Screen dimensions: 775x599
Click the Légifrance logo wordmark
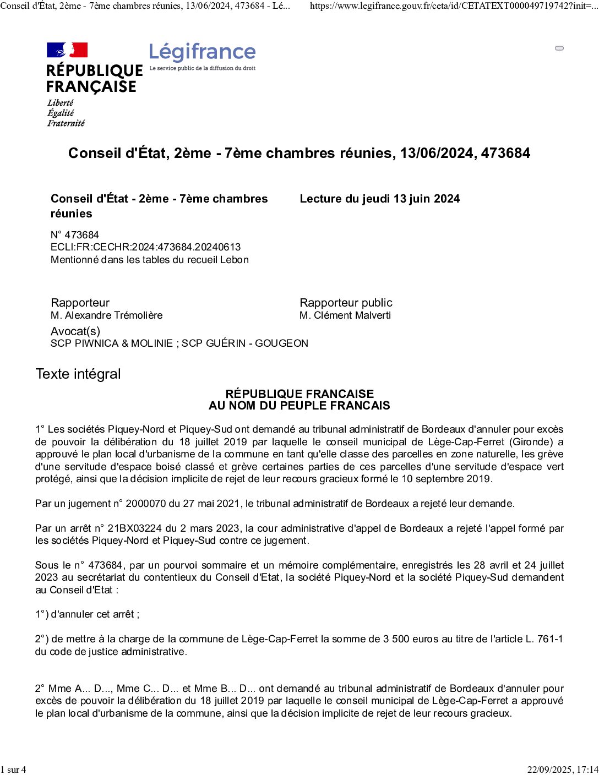(x=202, y=52)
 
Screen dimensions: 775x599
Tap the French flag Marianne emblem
(x=67, y=50)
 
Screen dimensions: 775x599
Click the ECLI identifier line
(x=145, y=247)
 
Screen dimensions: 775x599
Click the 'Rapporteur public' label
(x=346, y=303)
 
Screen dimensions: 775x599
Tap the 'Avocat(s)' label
(x=75, y=331)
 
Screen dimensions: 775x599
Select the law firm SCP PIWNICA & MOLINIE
(x=112, y=343)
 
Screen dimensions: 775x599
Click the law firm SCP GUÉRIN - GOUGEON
(x=245, y=343)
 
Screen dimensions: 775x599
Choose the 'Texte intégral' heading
(x=78, y=374)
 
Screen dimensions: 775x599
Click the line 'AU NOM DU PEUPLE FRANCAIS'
(x=299, y=406)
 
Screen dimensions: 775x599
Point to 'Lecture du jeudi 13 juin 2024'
(x=379, y=199)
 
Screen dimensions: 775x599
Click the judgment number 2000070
(x=146, y=504)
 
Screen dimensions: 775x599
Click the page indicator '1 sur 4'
(x=13, y=769)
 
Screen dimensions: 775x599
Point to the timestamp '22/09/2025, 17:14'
(x=562, y=769)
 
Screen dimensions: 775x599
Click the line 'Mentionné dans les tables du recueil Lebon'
(x=150, y=260)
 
